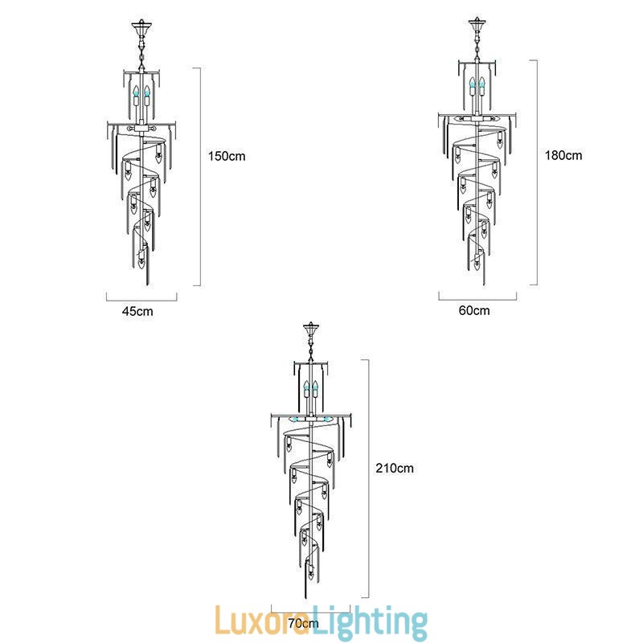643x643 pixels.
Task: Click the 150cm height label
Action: point(227,155)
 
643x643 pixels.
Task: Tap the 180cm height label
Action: point(563,155)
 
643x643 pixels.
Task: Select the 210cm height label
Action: point(395,468)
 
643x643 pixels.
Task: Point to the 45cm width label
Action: point(137,311)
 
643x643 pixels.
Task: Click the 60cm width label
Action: point(474,310)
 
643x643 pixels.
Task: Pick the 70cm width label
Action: point(302,623)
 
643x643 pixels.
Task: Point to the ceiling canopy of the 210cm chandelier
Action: point(310,331)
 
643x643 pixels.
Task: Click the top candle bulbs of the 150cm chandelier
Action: point(142,94)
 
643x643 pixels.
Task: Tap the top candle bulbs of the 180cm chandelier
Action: point(477,86)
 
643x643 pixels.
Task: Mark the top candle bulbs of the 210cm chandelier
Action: point(310,391)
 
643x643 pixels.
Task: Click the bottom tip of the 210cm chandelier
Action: point(311,594)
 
